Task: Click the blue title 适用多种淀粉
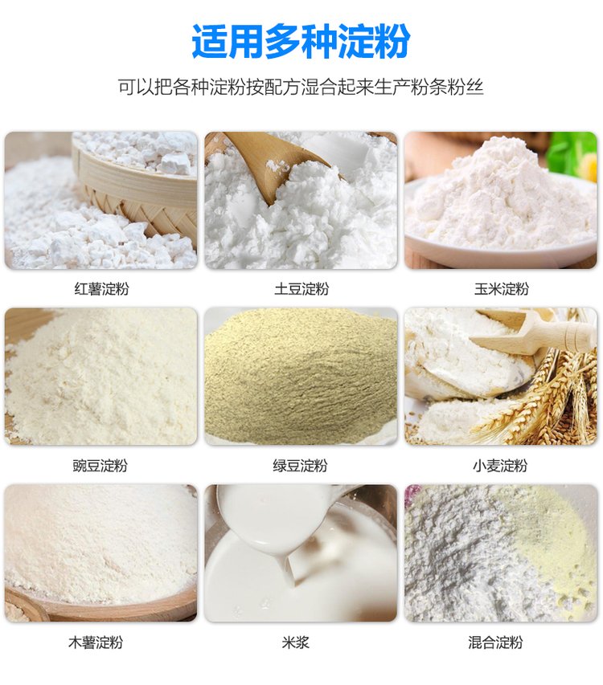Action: [301, 41]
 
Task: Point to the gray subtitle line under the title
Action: [301, 87]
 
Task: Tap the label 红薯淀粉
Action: [101, 289]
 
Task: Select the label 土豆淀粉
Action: [301, 289]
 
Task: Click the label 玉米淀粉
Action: [501, 289]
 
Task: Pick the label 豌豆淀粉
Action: [100, 466]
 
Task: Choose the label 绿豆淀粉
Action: [300, 466]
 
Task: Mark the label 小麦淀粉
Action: [500, 466]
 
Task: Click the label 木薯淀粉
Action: [96, 642]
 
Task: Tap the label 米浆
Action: [296, 642]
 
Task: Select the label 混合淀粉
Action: [495, 642]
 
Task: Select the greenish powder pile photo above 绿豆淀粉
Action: [301, 376]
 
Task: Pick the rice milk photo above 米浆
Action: [301, 552]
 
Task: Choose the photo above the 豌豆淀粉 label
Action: [101, 376]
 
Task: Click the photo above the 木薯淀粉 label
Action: [101, 552]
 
